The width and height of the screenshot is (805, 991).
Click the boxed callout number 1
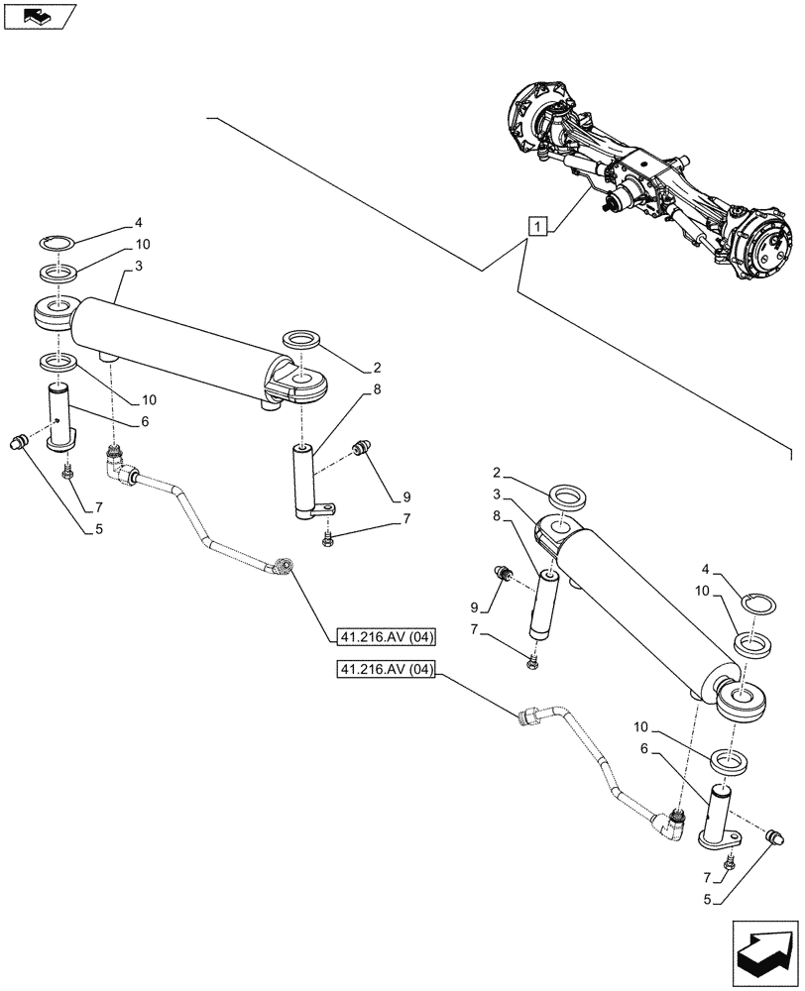pos(536,227)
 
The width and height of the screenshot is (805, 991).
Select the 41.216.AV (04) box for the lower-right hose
pos(387,671)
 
